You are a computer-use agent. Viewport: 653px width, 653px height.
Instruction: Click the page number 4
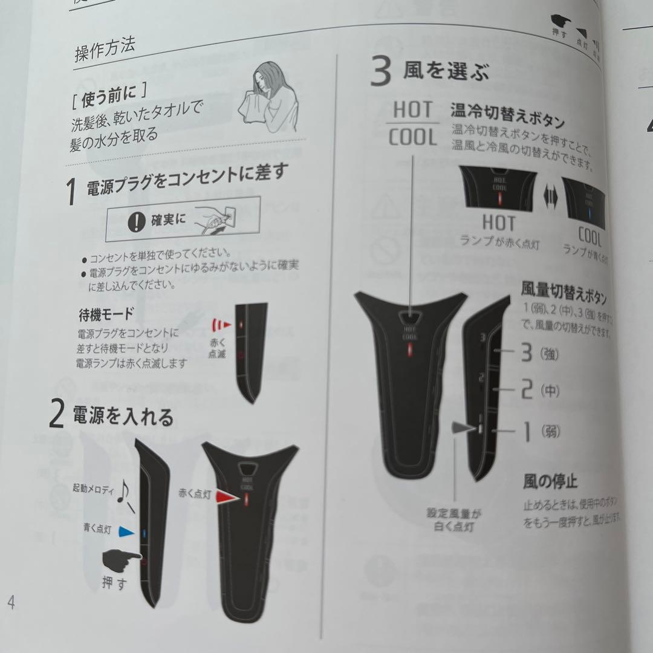coord(11,602)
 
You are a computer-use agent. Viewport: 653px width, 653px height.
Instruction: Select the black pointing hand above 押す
coord(119,562)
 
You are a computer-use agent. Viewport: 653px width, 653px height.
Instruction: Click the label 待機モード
coord(106,314)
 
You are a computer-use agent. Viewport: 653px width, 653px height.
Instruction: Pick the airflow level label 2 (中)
coord(539,391)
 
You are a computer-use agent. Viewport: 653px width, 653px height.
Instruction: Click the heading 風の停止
coord(550,482)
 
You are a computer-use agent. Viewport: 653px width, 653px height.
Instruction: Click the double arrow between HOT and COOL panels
coord(549,197)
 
